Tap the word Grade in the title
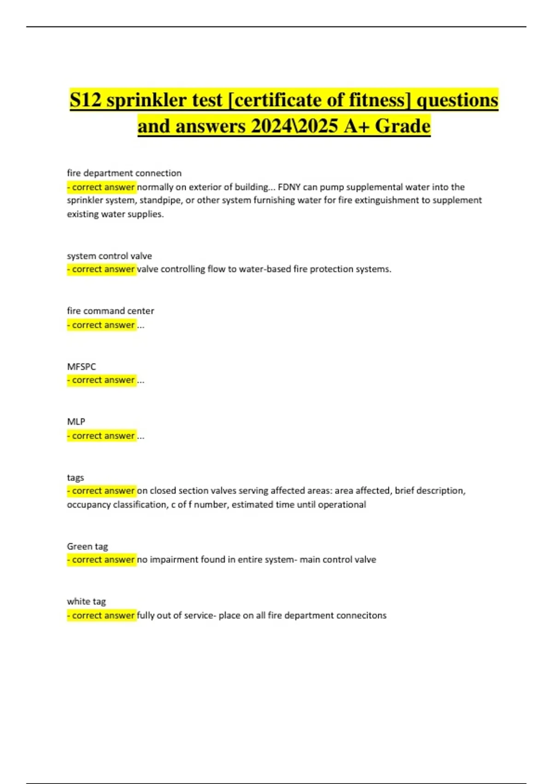click(402, 126)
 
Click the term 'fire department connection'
click(124, 173)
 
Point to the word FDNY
click(289, 187)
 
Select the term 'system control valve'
click(109, 256)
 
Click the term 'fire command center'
click(110, 311)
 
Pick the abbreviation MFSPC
click(81, 367)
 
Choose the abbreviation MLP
click(76, 422)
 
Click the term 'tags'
click(75, 477)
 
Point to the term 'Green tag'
click(87, 546)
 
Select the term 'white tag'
click(86, 601)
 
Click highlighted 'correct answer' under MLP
click(102, 435)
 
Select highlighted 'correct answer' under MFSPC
click(102, 380)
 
